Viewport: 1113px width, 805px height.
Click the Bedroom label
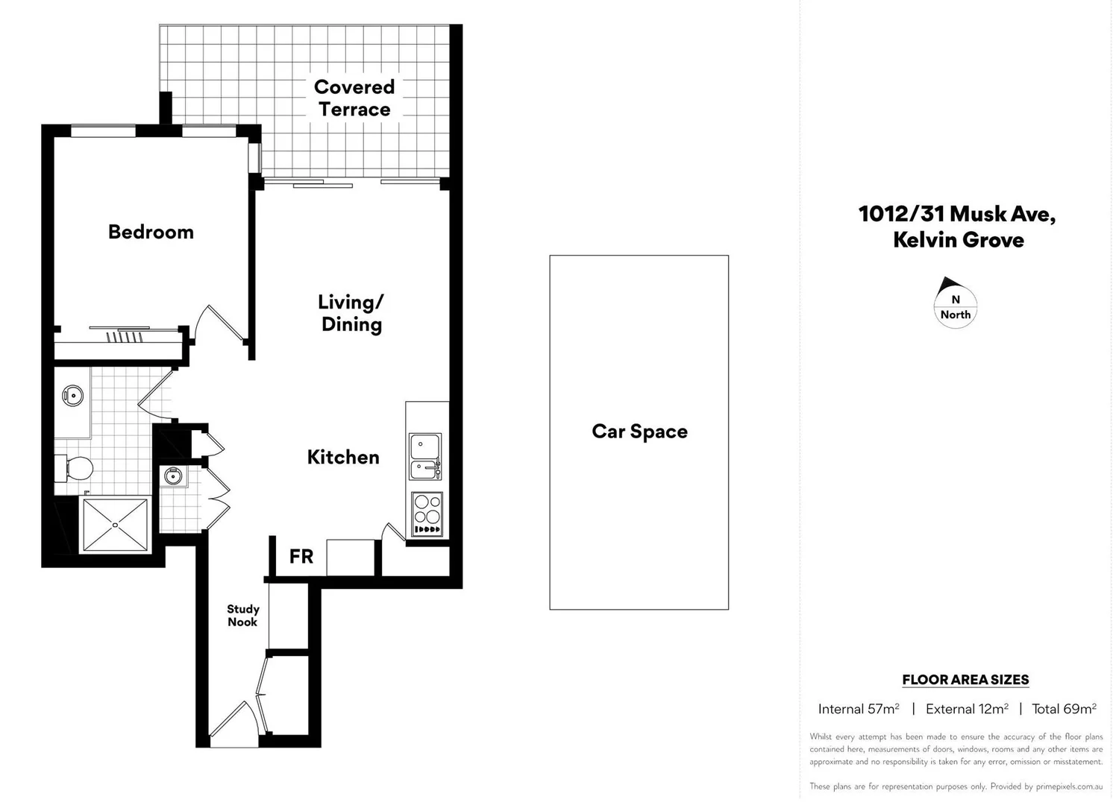pos(151,232)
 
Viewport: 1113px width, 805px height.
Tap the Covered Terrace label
pos(354,98)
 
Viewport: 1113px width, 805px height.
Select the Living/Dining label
pos(351,313)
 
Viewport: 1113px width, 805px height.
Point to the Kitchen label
pos(343,457)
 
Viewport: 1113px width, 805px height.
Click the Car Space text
pos(639,432)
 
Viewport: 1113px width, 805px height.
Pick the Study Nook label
pos(243,616)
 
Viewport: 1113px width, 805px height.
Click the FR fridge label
pos(301,557)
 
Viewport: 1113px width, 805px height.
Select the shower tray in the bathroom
pos(115,525)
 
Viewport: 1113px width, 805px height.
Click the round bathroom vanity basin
pos(72,395)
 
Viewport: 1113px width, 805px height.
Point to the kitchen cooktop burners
pos(427,513)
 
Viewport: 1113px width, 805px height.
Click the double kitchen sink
pos(425,457)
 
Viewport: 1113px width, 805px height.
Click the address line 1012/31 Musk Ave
pos(957,214)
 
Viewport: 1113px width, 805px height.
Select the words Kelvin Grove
pos(959,240)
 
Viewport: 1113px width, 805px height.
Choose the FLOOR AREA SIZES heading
pos(965,680)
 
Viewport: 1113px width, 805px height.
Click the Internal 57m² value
pos(859,709)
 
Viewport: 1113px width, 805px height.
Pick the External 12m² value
pos(967,709)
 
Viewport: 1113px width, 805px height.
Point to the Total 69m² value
pos(1064,709)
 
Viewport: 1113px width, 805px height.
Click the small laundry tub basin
pos(174,476)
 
